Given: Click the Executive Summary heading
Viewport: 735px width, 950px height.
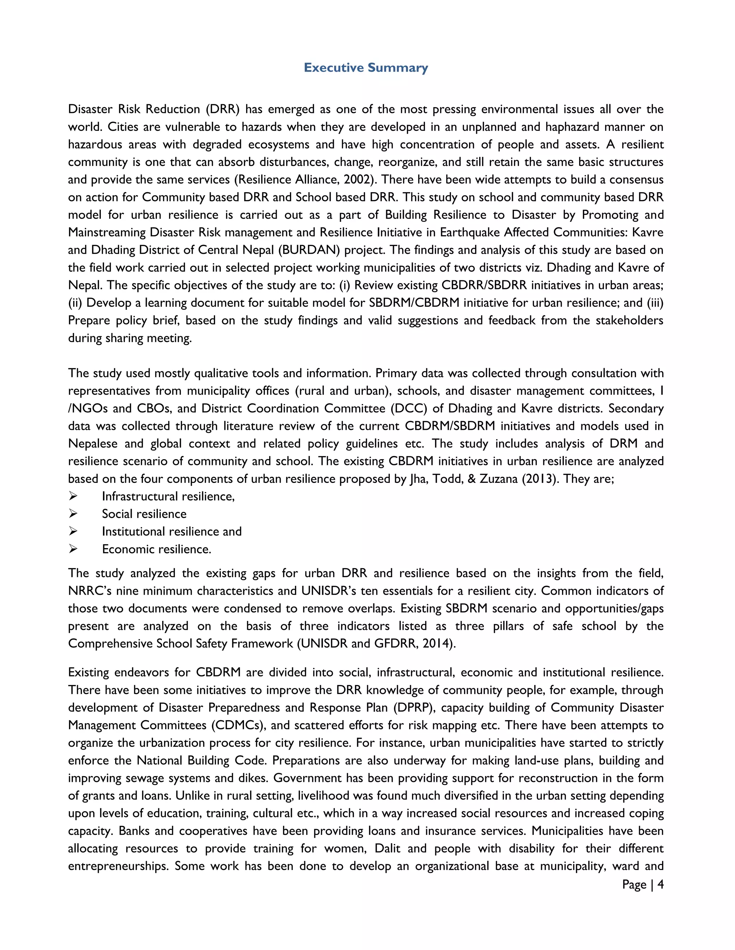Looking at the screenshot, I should (366, 67).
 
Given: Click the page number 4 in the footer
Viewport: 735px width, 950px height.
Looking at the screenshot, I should (660, 884).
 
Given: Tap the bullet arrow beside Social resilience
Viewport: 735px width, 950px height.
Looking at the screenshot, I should (73, 514).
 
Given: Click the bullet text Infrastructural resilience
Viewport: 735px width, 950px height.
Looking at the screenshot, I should (168, 496).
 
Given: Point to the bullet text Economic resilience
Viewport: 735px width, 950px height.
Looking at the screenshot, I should (156, 549).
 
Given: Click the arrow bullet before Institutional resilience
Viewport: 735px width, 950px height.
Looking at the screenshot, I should (73, 531).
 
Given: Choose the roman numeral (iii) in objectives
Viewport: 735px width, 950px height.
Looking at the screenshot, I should (655, 303).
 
